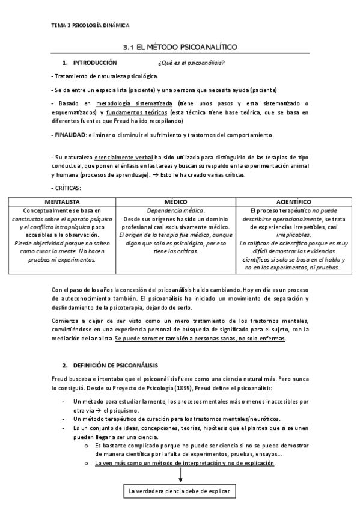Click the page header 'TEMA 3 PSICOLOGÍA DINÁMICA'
coord(91,25)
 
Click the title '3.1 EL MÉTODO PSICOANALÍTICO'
coord(180,46)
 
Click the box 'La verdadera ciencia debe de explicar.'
coord(180,491)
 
